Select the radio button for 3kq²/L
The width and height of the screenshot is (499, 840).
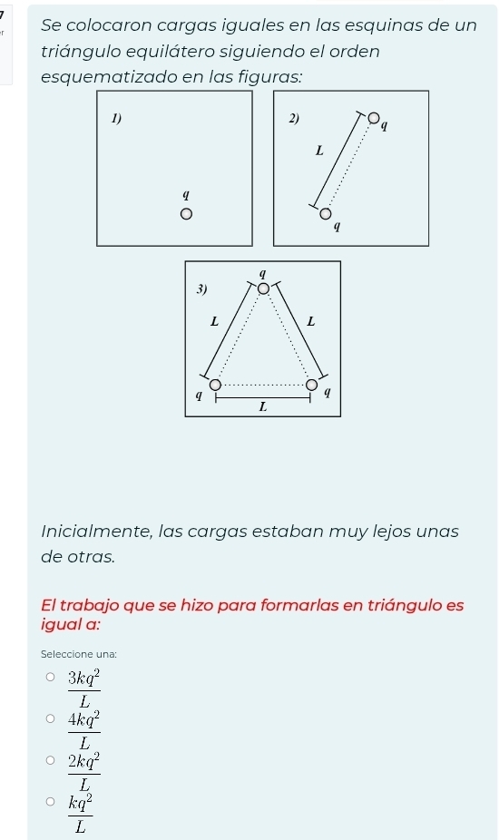(50, 678)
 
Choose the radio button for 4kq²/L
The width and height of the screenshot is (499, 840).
(50, 718)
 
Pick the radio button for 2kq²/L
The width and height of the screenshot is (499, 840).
(50, 759)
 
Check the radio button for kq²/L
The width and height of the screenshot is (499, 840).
(50, 801)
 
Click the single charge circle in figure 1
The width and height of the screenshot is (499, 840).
(185, 214)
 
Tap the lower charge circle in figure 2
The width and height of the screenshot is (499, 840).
(326, 214)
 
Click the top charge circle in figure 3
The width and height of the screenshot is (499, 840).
(264, 288)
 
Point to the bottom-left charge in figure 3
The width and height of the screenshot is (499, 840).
(215, 385)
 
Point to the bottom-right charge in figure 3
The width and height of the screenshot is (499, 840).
(312, 385)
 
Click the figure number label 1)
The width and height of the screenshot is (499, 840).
(116, 119)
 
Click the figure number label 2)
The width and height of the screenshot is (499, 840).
(294, 119)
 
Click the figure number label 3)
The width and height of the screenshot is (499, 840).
(201, 289)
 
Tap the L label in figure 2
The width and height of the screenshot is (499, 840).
(319, 151)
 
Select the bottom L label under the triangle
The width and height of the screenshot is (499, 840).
(262, 407)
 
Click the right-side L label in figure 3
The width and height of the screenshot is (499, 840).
(311, 322)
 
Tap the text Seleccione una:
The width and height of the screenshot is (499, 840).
(79, 654)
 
